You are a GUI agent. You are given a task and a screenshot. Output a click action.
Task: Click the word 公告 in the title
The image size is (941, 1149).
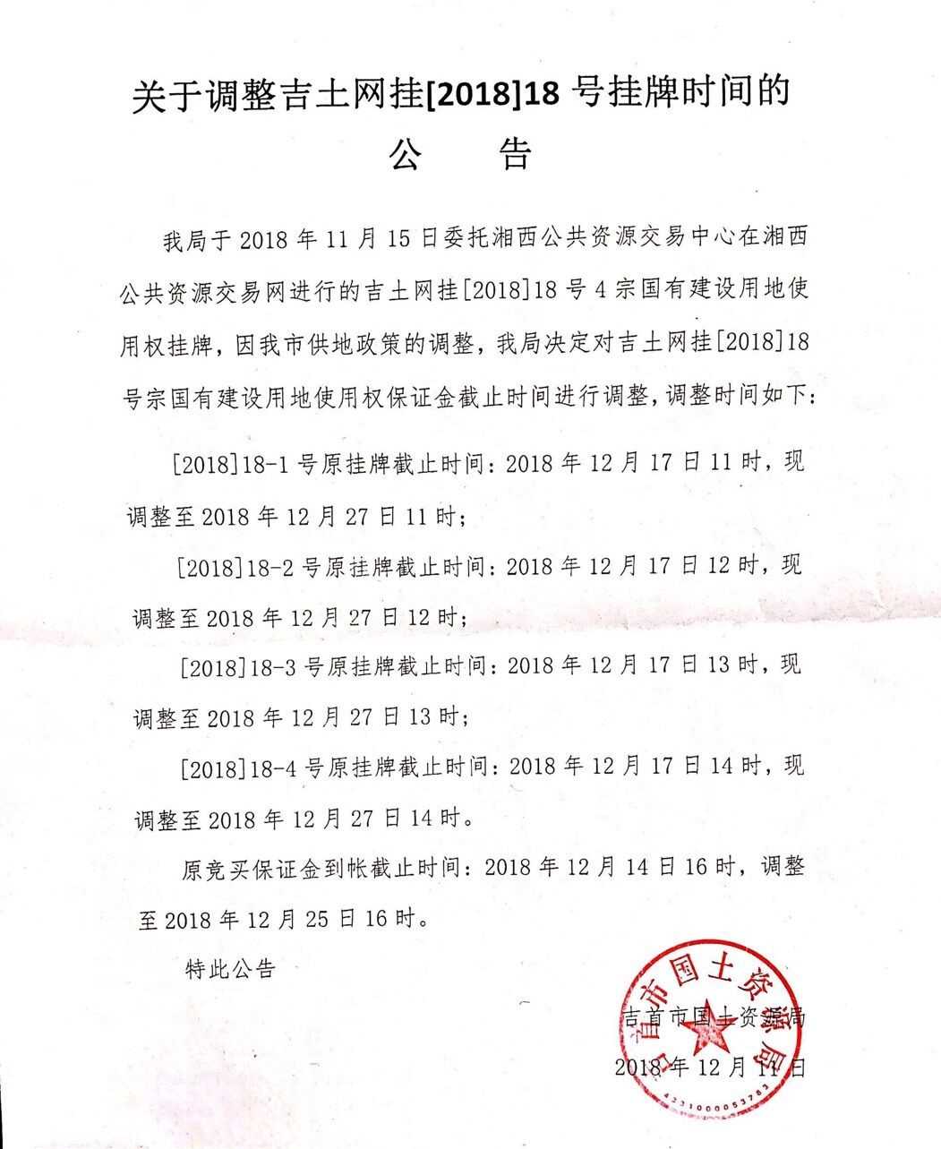459,153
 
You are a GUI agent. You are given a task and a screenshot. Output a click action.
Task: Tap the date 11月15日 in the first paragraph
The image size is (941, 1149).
379,239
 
